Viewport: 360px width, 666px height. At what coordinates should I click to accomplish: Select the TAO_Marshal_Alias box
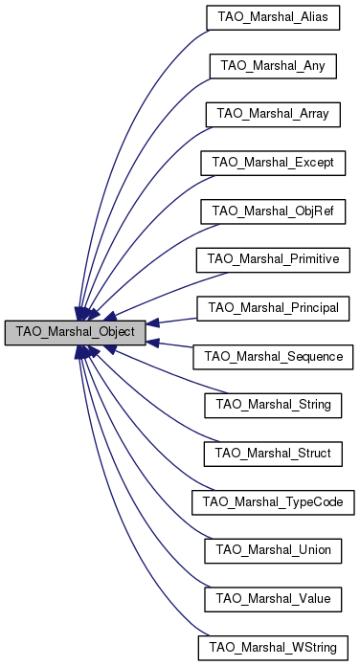(x=273, y=16)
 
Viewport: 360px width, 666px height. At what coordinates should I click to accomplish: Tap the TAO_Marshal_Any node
(x=273, y=65)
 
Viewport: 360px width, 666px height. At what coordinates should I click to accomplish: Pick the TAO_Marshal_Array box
(x=273, y=114)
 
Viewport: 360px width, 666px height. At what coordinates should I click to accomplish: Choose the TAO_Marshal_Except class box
(x=273, y=163)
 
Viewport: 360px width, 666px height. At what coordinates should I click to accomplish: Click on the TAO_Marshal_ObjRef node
(x=273, y=211)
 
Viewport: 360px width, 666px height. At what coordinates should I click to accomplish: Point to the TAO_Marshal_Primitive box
(x=273, y=259)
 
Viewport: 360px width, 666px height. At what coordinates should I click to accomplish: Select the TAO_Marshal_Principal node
(x=273, y=308)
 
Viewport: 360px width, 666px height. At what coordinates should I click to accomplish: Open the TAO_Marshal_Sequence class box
(x=273, y=357)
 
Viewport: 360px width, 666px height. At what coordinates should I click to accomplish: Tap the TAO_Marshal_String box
(x=273, y=406)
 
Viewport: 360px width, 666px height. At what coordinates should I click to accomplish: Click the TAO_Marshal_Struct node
(x=273, y=454)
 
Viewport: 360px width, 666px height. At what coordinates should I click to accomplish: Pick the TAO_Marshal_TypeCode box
(x=273, y=502)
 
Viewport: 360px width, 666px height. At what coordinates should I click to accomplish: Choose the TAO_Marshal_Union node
(x=273, y=551)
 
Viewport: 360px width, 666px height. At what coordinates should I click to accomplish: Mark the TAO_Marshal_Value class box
(x=273, y=600)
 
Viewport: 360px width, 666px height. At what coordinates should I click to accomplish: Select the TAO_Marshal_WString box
(x=273, y=649)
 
